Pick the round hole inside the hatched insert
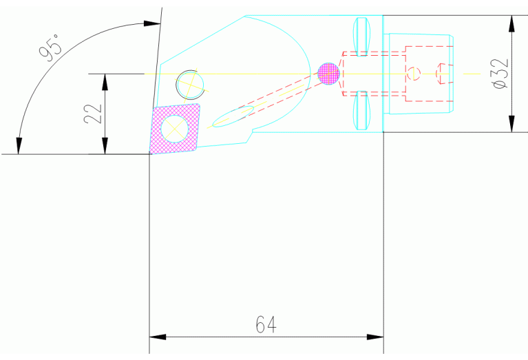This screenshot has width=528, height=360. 175,128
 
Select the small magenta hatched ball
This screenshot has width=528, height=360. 329,72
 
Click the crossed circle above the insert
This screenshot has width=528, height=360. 191,84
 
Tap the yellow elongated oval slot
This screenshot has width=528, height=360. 232,116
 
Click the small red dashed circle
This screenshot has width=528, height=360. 412,73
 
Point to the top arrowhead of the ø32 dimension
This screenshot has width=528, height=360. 511,23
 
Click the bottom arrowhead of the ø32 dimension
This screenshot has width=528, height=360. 511,124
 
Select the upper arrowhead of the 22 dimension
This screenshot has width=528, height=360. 105,81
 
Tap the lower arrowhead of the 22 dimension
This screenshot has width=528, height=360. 105,147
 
